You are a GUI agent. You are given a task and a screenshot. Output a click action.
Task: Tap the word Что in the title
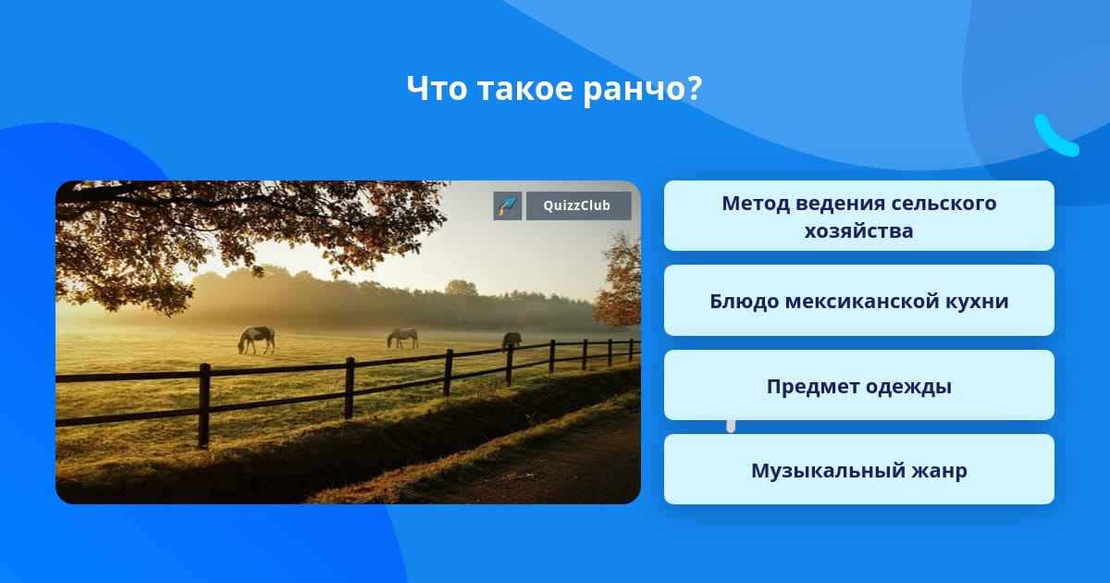[x=437, y=88]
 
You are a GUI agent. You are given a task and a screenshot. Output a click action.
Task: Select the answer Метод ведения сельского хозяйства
[x=858, y=216]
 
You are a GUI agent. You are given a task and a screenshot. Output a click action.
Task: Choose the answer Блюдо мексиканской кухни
[x=858, y=301]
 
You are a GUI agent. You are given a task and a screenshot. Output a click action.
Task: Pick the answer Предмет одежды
[x=858, y=385]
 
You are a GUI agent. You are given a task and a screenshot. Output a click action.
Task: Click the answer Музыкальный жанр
[x=858, y=469]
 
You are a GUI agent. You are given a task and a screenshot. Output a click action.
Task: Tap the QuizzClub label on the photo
[x=578, y=205]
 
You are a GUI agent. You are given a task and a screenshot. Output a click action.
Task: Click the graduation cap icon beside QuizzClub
[x=508, y=205]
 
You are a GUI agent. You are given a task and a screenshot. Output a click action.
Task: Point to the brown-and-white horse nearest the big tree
[x=256, y=340]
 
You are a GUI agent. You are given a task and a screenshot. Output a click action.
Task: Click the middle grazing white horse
[x=402, y=338]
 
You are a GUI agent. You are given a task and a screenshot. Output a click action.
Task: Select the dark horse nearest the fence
[x=512, y=341]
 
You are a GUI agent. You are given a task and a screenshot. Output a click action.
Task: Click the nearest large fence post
[x=203, y=405]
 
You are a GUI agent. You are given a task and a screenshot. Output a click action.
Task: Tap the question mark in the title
[x=695, y=88]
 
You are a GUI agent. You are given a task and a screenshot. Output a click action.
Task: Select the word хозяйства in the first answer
[x=858, y=231]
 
